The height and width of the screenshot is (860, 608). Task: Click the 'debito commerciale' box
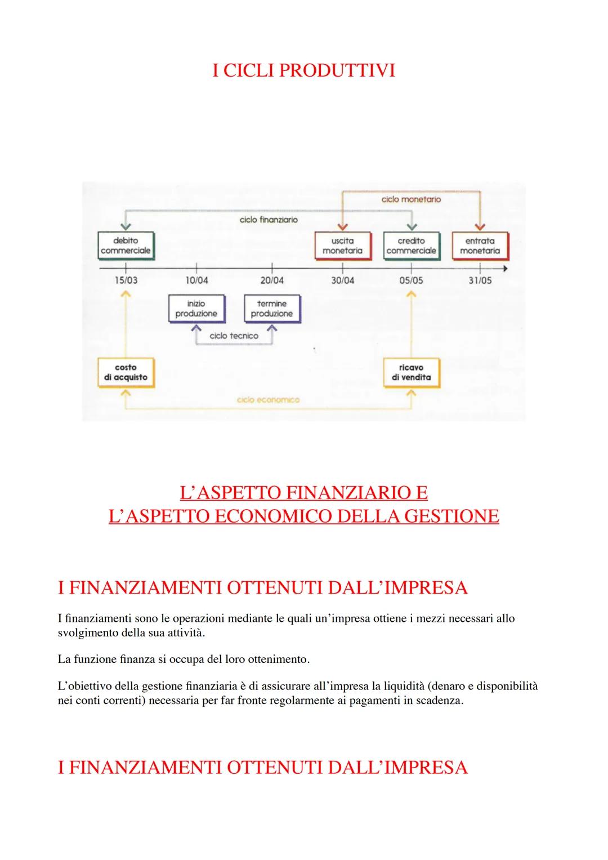[x=125, y=246]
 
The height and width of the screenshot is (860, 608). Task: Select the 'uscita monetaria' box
[x=342, y=246]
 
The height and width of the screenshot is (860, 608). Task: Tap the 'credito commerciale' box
[x=411, y=246]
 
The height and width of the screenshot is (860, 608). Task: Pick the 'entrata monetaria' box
[x=480, y=246]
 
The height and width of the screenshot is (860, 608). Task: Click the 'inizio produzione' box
[x=196, y=309]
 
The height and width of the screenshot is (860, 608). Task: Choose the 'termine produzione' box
[x=271, y=309]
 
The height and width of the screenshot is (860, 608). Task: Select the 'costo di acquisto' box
[x=125, y=372]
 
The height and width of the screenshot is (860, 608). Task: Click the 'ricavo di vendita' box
[x=411, y=372]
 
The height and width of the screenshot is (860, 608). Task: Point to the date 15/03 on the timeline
[x=126, y=280]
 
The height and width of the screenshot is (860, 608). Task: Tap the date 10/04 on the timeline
[x=196, y=280]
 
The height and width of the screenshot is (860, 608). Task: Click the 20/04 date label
[x=272, y=280]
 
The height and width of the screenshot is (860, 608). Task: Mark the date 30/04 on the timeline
[x=342, y=280]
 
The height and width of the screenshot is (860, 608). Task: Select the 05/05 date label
[x=412, y=280]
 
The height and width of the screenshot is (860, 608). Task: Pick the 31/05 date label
[x=480, y=280]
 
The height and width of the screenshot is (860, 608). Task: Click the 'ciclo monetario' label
[x=411, y=199]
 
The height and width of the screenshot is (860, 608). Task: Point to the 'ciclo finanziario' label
[x=269, y=220]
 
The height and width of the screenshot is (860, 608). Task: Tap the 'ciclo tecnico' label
[x=234, y=336]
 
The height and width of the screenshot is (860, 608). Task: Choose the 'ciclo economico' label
[x=268, y=400]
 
